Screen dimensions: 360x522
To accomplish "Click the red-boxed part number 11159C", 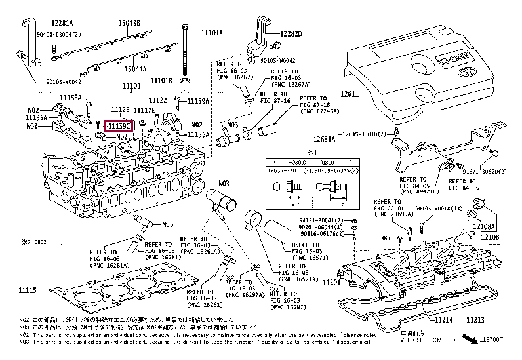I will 120,125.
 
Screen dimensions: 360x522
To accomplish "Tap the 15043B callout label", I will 129,22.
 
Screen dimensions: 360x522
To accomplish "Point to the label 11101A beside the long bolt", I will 212,33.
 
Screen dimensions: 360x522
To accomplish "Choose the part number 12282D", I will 291,33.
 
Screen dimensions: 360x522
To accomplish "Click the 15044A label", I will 136,68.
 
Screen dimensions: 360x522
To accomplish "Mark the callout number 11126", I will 119,110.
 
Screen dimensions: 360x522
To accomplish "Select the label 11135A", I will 198,134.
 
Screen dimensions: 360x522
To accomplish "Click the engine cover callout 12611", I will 349,94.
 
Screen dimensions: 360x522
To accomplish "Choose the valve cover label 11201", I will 331,281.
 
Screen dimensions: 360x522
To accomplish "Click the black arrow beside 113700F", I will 469,340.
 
